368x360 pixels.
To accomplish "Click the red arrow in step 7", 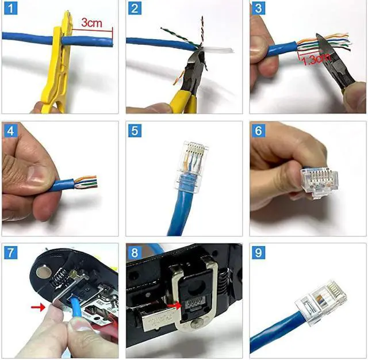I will (38, 308).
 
